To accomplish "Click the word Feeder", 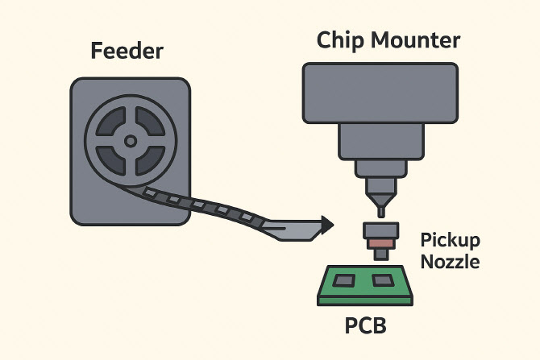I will [127, 52].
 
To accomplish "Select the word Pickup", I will [451, 240].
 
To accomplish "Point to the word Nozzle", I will [451, 261].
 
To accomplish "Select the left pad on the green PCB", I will [346, 280].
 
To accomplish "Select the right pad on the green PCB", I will [381, 281].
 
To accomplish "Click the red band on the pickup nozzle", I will [379, 243].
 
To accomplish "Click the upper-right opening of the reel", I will [149, 122].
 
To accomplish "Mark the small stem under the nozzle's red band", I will [379, 254].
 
